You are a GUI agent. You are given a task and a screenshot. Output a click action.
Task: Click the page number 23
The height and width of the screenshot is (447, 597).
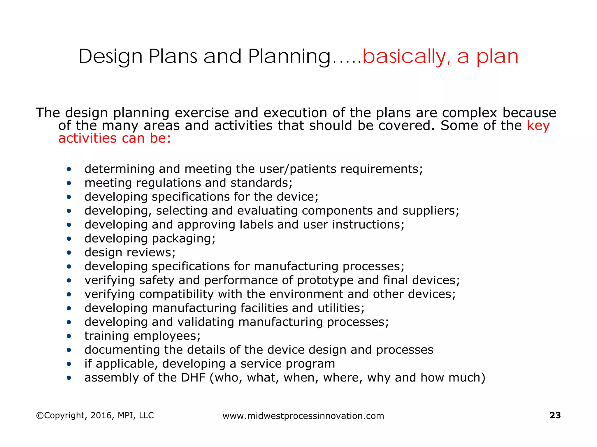pos(555,415)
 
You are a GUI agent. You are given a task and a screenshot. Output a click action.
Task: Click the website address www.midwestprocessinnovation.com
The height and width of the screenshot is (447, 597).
pos(303,416)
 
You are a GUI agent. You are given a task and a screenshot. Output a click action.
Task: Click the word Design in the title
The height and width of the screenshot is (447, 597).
pos(110,56)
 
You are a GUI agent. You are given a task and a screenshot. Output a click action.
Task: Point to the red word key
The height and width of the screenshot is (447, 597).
pos(538,126)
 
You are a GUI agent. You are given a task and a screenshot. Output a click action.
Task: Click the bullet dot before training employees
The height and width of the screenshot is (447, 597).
pos(69,336)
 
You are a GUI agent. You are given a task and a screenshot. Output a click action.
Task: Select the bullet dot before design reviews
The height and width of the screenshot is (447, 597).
pos(69,253)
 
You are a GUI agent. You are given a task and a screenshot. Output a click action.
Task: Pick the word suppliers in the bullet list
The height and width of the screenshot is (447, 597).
pos(431,211)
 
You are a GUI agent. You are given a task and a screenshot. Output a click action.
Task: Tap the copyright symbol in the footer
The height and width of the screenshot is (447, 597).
pos(40,416)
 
